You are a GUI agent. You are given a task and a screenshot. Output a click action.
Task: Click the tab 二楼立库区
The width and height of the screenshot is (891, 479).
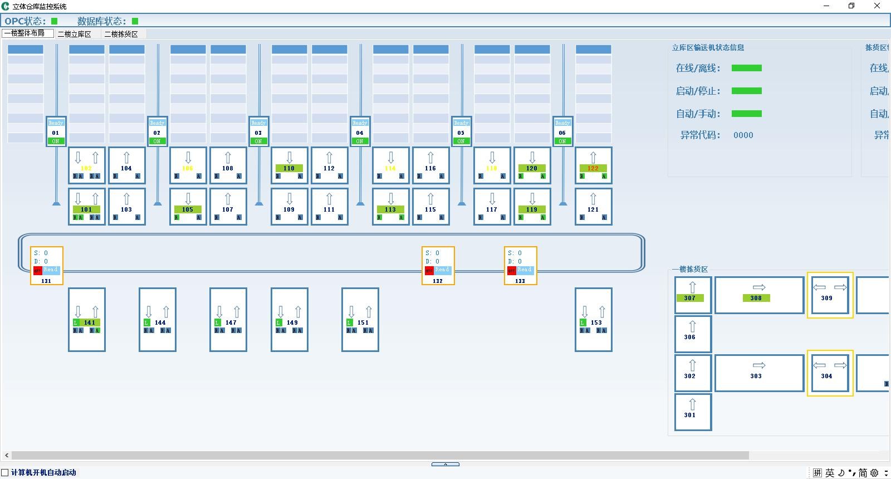74,34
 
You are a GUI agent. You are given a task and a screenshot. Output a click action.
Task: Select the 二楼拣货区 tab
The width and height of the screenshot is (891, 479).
121,34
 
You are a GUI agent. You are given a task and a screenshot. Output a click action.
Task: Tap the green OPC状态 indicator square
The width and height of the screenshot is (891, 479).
55,21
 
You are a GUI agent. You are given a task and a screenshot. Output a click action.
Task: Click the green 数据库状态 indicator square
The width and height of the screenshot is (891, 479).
135,21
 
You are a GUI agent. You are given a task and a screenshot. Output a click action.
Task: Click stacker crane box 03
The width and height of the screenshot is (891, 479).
258,132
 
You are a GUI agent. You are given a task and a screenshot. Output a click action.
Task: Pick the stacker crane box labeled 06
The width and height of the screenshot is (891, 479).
562,132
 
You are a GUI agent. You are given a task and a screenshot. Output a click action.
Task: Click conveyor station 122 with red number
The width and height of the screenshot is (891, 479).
593,165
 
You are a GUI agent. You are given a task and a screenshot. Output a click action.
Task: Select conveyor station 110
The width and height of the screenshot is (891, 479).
289,165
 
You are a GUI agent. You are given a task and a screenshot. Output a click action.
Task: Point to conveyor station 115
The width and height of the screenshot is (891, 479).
430,207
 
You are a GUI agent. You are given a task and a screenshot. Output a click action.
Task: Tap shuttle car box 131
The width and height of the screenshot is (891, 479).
47,266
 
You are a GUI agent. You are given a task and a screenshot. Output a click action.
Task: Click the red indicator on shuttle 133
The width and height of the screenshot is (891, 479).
511,271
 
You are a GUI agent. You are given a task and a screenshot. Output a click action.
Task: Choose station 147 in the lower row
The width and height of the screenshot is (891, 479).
228,320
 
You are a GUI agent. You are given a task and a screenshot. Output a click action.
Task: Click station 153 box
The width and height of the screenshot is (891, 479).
594,320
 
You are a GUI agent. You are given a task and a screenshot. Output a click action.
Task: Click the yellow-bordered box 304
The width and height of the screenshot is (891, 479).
830,373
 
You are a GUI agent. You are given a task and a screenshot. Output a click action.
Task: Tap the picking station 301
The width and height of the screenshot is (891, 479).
693,412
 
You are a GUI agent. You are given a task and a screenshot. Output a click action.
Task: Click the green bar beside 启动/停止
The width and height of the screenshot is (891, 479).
746,91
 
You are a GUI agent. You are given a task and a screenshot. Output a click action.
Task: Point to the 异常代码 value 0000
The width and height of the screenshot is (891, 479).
743,135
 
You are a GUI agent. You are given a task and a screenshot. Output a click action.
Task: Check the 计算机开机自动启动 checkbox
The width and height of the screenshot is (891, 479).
5,473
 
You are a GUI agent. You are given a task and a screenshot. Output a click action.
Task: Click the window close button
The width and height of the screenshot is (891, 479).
877,6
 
